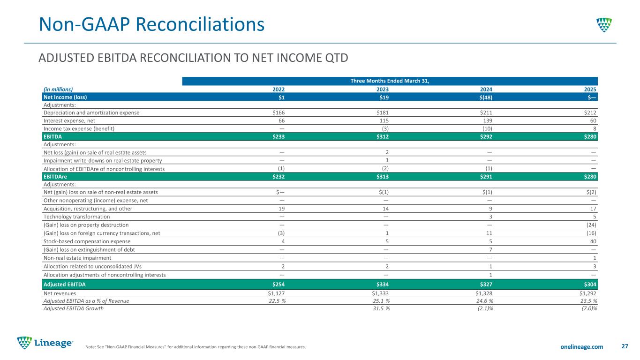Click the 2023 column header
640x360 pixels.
coord(382,90)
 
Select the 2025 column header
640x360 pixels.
coord(590,90)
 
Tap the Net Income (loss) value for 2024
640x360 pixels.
coord(486,97)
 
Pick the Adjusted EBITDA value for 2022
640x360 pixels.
coord(279,284)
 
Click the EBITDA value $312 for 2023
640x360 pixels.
coord(382,136)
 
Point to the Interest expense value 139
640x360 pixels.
coord(488,120)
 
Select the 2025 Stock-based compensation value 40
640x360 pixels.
coord(593,241)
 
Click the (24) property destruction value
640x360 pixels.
coord(591,225)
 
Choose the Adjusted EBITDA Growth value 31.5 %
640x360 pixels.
coord(381,308)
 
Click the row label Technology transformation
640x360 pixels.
coord(76,217)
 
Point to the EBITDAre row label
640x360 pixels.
coord(55,177)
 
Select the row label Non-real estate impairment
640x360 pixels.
coord(77,258)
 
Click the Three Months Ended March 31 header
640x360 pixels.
coord(390,81)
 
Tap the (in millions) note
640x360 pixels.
coord(58,90)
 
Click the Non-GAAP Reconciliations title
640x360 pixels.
coord(151,24)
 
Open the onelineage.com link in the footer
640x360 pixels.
coord(582,346)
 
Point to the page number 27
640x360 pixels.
coord(625,346)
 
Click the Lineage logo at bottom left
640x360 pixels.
coord(45,343)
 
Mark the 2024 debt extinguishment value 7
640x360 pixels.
coord(490,250)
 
